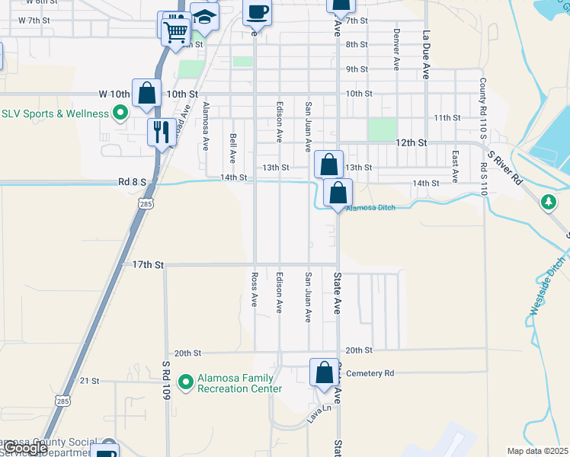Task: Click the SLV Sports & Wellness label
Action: pos(56,113)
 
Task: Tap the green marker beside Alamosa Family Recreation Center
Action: pos(184,381)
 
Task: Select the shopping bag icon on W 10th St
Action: pos(147,94)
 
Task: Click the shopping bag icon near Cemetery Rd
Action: pos(324,374)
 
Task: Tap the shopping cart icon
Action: pos(175,30)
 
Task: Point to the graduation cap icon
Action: pos(204,17)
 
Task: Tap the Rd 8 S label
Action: pos(131,182)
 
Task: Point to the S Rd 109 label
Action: pos(165,376)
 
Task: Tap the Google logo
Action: pos(24,448)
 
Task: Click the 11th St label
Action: pos(447,118)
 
